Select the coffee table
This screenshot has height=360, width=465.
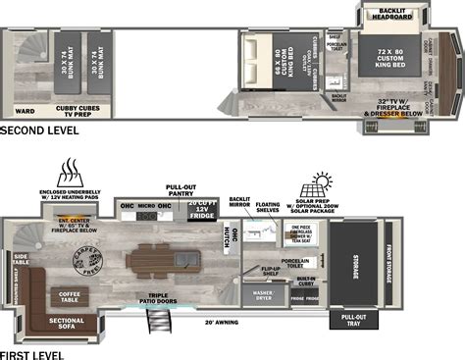click(x=69, y=294)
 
